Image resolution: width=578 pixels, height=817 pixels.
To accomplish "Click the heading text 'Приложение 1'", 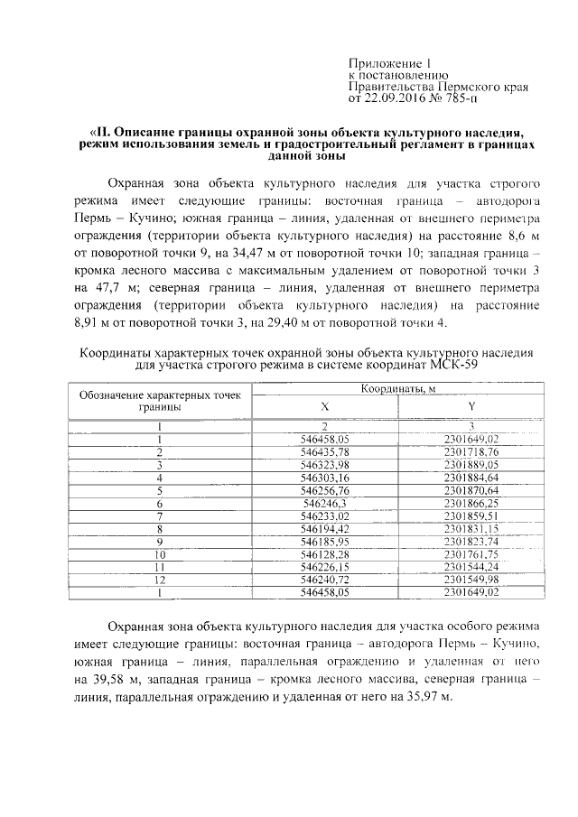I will coord(391,63).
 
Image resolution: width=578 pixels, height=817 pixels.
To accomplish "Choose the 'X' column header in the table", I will coord(325,407).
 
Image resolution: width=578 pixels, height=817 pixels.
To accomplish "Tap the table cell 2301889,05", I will coord(471,463).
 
